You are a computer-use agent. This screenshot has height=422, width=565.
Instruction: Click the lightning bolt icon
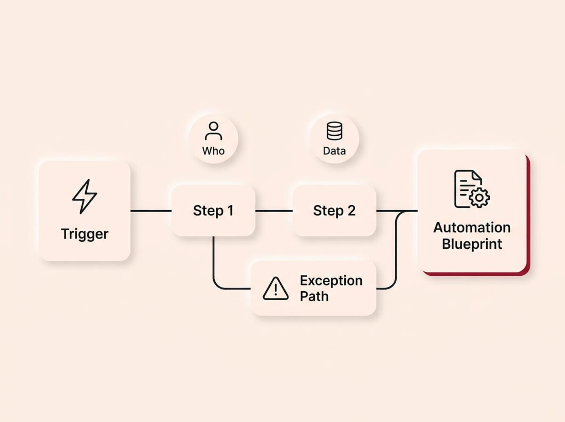click(84, 197)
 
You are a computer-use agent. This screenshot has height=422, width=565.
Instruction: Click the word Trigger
click(84, 234)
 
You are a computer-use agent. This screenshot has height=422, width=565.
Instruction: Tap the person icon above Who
click(213, 131)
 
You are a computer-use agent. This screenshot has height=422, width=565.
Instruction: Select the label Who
click(213, 151)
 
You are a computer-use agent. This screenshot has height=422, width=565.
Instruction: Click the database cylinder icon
click(334, 131)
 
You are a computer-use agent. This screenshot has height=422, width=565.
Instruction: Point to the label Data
click(334, 151)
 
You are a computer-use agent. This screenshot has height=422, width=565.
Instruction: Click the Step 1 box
click(213, 211)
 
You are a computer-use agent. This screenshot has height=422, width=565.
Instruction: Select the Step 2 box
click(334, 211)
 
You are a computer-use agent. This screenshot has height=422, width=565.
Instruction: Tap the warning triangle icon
click(276, 289)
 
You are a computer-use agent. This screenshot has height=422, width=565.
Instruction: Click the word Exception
click(331, 281)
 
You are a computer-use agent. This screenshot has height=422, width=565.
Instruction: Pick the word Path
click(314, 296)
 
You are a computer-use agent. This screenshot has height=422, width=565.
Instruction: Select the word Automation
click(472, 228)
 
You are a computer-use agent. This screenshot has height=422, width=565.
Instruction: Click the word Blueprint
click(472, 244)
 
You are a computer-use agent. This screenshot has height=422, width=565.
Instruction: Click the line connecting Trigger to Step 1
click(151, 211)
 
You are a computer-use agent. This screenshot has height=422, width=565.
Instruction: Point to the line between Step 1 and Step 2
click(274, 211)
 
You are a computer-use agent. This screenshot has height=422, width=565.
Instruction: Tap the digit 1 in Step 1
click(230, 211)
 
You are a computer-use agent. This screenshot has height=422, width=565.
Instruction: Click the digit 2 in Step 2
click(352, 211)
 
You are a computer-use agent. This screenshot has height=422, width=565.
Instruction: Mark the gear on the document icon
click(479, 198)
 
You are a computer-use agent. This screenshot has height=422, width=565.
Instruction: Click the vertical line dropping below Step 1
click(213, 257)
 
